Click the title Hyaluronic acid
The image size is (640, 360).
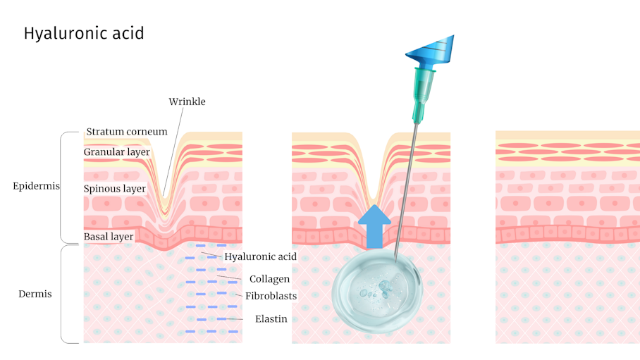pos(84,34)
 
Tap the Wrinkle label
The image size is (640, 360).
pos(187,101)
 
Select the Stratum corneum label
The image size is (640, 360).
pos(127,132)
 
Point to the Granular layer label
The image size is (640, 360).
pos(116,151)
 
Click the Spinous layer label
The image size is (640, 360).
pos(115,189)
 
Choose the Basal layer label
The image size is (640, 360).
pos(109,237)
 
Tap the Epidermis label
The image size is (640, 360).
pos(36,187)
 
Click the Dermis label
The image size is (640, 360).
pos(35,294)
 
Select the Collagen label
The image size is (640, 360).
pos(269,279)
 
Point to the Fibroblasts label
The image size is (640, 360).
pos(271,296)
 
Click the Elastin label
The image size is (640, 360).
pos(271,319)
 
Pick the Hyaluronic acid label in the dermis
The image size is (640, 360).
pos(260,256)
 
